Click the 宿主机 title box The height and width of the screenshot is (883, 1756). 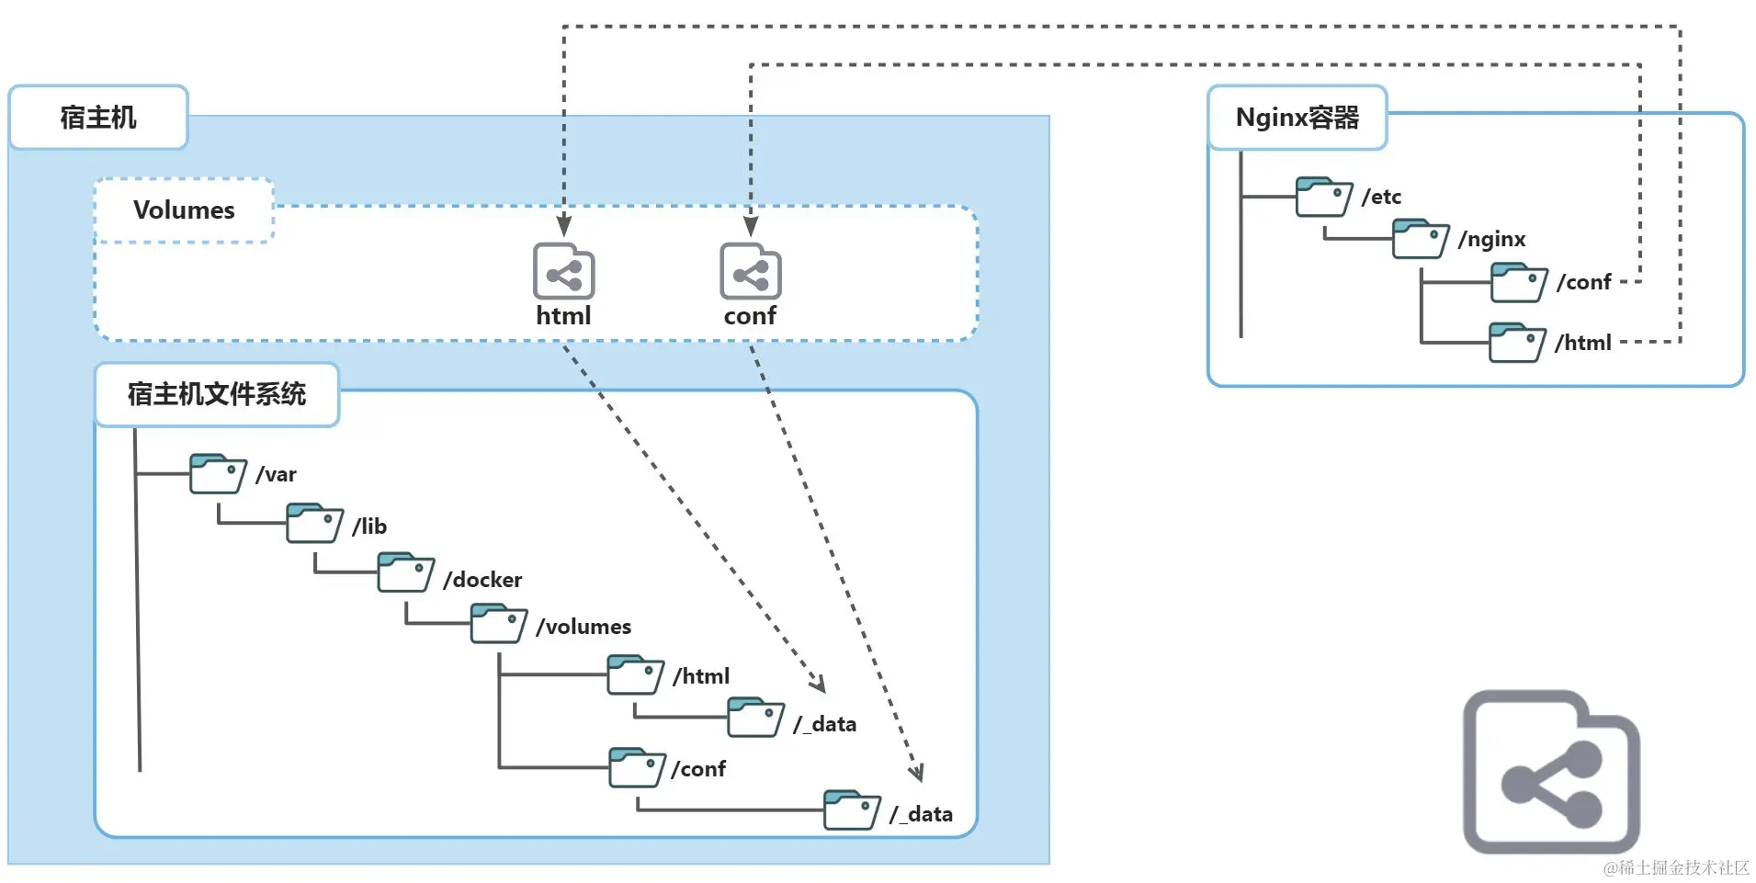tap(98, 118)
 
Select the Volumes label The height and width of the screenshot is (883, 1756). tap(184, 210)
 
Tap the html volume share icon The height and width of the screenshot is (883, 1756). tap(563, 272)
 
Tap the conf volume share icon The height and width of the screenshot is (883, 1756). tap(750, 272)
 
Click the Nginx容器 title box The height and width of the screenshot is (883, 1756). tap(1297, 118)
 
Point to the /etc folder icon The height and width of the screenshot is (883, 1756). tap(1323, 197)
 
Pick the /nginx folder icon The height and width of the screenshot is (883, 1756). tap(1420, 239)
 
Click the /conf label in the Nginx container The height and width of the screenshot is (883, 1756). tap(1583, 282)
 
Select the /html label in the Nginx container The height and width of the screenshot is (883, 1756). tap(1582, 343)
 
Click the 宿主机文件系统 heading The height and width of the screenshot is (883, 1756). tap(217, 394)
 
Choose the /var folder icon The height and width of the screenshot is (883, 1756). tap(218, 474)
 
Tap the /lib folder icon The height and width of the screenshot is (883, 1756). tap(314, 524)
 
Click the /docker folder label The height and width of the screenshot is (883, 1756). tap(482, 580)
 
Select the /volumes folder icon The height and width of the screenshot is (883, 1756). tap(498, 624)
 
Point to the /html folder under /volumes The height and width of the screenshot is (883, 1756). tap(635, 675)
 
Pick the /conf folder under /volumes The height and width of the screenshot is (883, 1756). tap(637, 767)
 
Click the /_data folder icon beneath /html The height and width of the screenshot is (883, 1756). tap(755, 718)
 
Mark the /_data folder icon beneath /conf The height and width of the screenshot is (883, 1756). tap(852, 809)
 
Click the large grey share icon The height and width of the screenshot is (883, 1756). tap(1551, 773)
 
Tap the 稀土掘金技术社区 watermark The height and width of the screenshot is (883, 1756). tap(1676, 867)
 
